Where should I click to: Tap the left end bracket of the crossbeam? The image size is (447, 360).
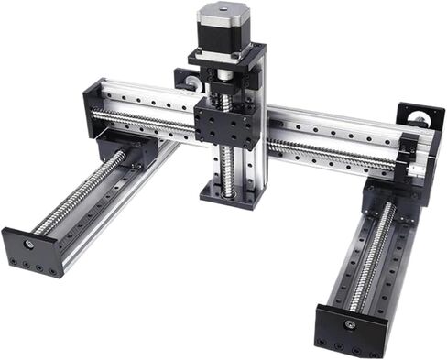(94, 105)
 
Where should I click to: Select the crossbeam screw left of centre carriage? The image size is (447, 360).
(147, 122)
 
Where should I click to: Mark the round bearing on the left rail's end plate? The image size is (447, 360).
(30, 245)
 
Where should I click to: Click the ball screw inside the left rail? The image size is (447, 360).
(82, 197)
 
